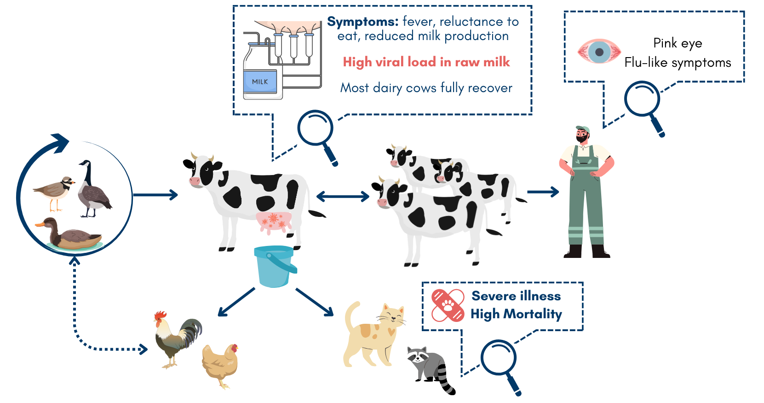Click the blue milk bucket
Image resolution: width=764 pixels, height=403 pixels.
[275, 266]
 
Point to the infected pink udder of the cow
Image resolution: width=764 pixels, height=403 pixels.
[274, 222]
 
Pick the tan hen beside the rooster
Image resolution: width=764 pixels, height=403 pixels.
[220, 365]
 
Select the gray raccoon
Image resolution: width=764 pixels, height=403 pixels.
[431, 369]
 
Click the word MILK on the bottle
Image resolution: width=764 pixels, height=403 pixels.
[260, 82]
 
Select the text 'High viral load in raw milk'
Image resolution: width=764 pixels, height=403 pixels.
[426, 62]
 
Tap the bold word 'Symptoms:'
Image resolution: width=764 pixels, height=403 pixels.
[363, 22]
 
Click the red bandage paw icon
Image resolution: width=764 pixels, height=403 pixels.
[448, 305]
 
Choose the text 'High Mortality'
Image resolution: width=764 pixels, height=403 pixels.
[517, 314]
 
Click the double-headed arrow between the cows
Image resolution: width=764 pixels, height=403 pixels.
[343, 196]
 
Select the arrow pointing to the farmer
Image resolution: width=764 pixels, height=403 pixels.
[543, 192]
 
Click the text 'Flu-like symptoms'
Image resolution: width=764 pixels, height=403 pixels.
[678, 63]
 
